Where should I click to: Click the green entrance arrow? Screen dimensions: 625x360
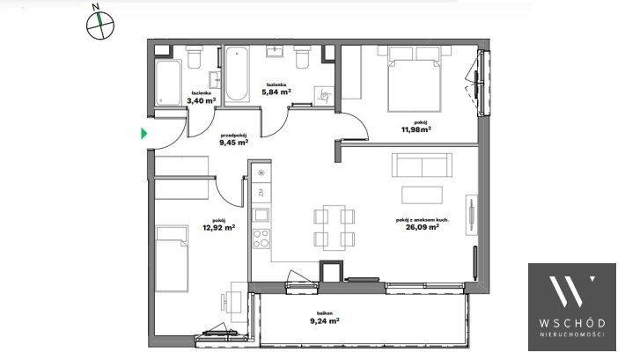pyautogui.click(x=143, y=133)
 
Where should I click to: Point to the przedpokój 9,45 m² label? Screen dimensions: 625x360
pyautogui.click(x=234, y=139)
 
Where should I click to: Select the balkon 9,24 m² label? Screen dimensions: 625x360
pyautogui.click(x=325, y=317)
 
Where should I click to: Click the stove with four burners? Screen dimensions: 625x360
pyautogui.click(x=261, y=239)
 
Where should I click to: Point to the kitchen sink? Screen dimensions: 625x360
pyautogui.click(x=261, y=216)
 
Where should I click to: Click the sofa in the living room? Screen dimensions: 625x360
pyautogui.click(x=422, y=165)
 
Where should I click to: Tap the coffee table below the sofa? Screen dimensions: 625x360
pyautogui.click(x=422, y=195)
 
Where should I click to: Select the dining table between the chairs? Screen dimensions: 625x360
pyautogui.click(x=334, y=228)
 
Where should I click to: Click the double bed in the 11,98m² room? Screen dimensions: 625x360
pyautogui.click(x=414, y=79)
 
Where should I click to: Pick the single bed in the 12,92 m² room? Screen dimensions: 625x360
pyautogui.click(x=172, y=259)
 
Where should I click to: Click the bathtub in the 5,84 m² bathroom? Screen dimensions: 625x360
pyautogui.click(x=237, y=74)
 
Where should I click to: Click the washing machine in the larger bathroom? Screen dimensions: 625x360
pyautogui.click(x=324, y=96)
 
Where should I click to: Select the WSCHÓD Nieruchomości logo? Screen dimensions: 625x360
pyautogui.click(x=572, y=306)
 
